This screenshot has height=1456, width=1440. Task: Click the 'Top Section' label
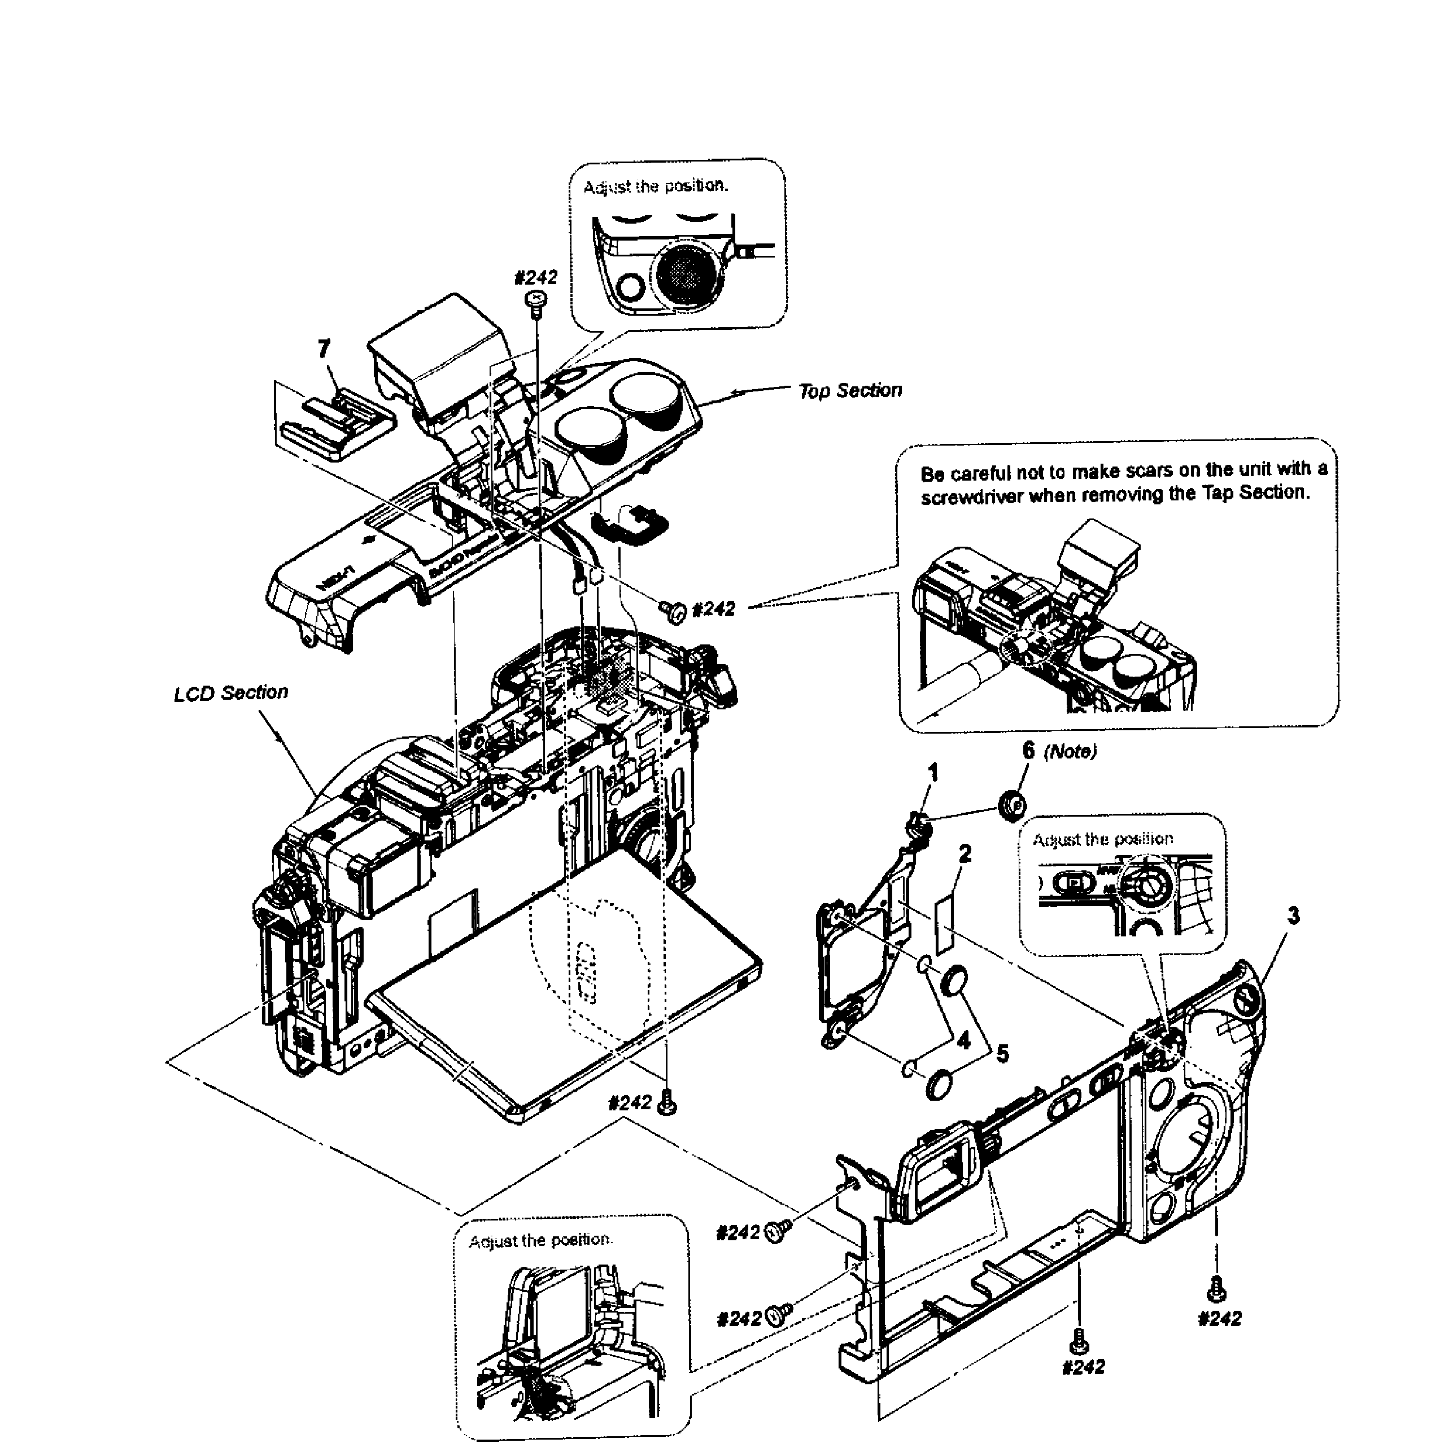pos(849,390)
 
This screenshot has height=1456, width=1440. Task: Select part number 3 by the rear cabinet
pos(1293,916)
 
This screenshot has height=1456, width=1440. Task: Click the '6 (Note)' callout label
pos(1059,751)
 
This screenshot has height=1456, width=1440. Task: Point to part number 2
pos(965,853)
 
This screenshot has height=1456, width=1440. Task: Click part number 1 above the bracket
pos(933,771)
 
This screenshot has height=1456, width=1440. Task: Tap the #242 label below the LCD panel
pos(629,1102)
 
